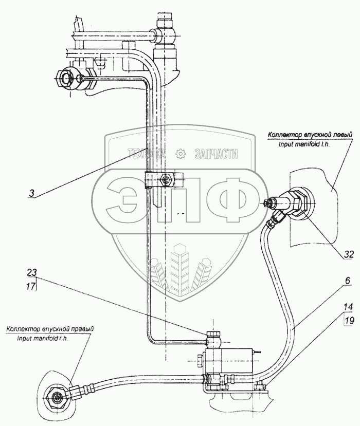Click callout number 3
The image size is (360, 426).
point(32,193)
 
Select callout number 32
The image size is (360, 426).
point(349,254)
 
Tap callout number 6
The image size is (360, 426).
point(348,281)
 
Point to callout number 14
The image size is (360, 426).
point(348,307)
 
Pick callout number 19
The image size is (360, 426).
point(349,320)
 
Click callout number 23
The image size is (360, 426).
point(32,272)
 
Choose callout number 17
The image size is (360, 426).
point(31,286)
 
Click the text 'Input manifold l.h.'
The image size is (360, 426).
point(304,144)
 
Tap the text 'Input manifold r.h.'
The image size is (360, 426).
point(42,339)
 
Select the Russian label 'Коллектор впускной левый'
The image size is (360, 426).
point(310,135)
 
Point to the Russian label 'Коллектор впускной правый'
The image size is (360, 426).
point(50,329)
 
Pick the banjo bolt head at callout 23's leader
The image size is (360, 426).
point(213,334)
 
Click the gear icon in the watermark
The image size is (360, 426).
point(181,154)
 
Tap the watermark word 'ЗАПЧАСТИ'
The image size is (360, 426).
point(217,154)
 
